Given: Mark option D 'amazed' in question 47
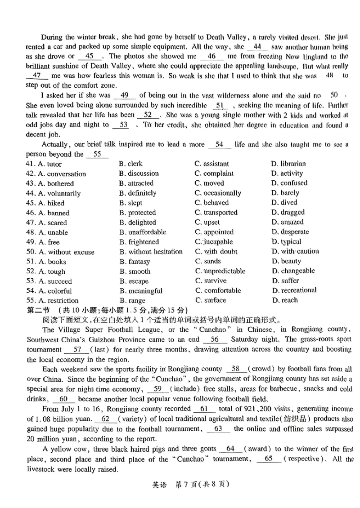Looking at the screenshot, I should point(288,222).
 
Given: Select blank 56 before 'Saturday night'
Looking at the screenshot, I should point(215,340).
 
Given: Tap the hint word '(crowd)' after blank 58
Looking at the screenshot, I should point(261,369).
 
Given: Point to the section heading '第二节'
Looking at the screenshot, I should point(37,311).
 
